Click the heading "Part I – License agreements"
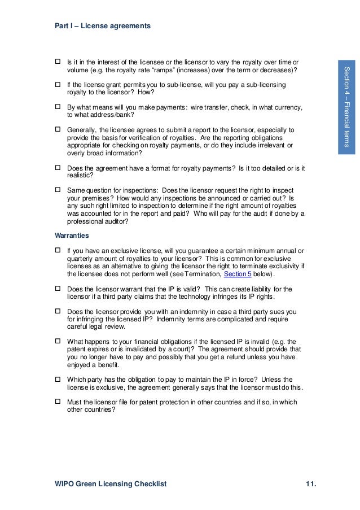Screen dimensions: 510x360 (x=102, y=25)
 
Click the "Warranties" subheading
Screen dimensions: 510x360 (x=72, y=234)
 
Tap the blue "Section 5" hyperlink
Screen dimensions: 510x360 (x=238, y=274)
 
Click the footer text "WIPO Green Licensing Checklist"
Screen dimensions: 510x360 (x=111, y=485)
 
